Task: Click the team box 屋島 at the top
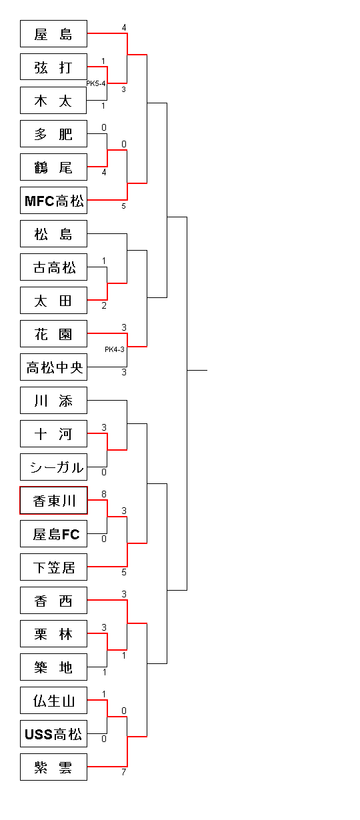point(53,34)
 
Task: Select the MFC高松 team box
point(53,200)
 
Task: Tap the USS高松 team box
point(53,733)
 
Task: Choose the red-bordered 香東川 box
point(53,501)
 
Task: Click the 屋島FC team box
point(53,534)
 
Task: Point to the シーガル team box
point(53,467)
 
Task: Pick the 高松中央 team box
point(53,367)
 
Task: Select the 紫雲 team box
point(53,767)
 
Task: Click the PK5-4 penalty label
point(96,83)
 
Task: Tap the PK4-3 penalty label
point(115,349)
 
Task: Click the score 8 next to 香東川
point(104,494)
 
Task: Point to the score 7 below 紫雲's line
point(124,772)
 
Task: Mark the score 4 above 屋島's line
point(124,28)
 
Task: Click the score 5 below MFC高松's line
point(124,206)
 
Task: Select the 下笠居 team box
point(53,567)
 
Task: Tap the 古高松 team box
point(53,267)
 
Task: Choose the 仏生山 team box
point(53,700)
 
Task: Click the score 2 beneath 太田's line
point(104,306)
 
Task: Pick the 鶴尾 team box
point(53,167)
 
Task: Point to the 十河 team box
point(53,434)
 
